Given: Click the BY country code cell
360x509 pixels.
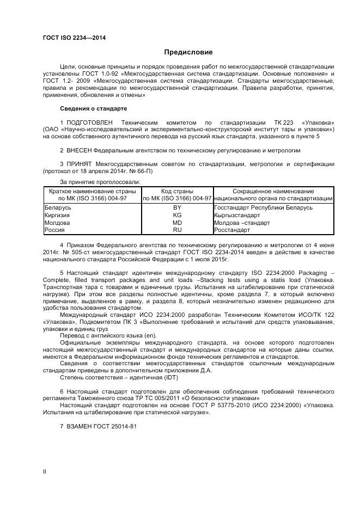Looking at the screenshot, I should pyautogui.click(x=177, y=208).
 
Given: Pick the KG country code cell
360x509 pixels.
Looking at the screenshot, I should pyautogui.click(x=177, y=216).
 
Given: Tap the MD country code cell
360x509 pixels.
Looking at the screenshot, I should pyautogui.click(x=177, y=223).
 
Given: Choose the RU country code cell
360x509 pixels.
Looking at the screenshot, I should pyautogui.click(x=177, y=230).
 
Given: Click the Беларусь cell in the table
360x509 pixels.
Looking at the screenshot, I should pyautogui.click(x=57, y=208).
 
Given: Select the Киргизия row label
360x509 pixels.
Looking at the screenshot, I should pyautogui.click(x=57, y=216).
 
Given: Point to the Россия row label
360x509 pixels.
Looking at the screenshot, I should pyautogui.click(x=54, y=230).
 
